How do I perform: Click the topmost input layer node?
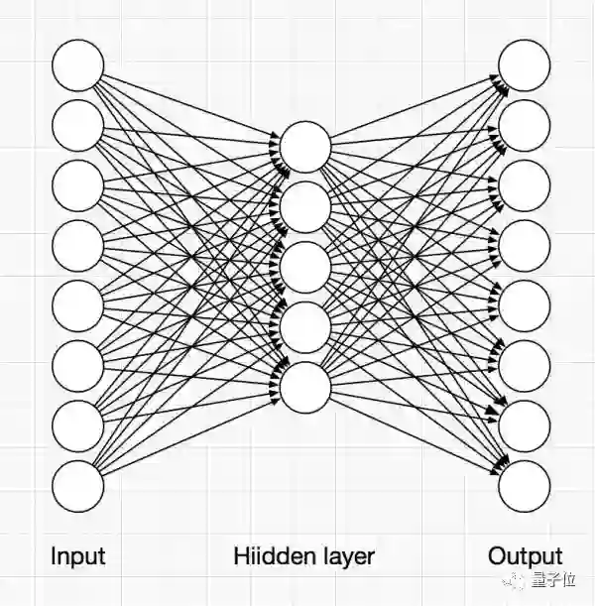77,64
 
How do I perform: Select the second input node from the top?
77,125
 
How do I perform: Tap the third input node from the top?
77,185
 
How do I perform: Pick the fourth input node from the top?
77,246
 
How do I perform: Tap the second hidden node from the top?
304,207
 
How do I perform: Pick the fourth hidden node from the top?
304,327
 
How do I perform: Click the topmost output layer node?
525,64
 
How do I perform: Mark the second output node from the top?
525,125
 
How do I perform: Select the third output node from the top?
525,185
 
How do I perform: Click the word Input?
77,556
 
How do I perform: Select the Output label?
525,556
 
